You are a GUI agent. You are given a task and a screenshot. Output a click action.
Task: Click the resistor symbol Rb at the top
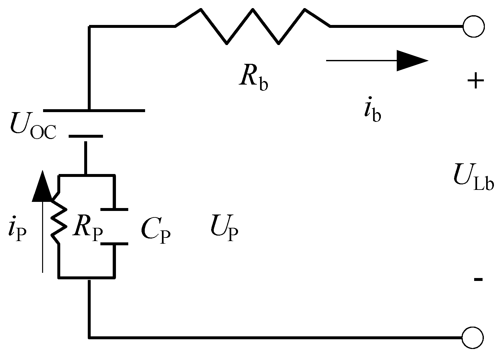pos(253,26)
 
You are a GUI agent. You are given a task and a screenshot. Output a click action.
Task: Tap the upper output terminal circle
pos(473,27)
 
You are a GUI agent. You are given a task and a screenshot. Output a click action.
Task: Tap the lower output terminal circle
pos(473,338)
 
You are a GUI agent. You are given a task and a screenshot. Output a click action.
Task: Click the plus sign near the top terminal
pos(475,81)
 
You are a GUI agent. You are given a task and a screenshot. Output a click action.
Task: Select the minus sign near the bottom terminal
pos(478,279)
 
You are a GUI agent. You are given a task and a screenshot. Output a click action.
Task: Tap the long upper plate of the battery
pos(94,111)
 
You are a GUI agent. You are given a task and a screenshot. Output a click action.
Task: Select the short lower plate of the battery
pos(86,136)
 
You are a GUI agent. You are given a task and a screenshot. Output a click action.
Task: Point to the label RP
pos(87,229)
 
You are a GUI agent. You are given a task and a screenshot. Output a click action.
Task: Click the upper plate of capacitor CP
pos(114,209)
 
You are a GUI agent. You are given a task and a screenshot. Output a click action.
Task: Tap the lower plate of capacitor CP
pos(114,244)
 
